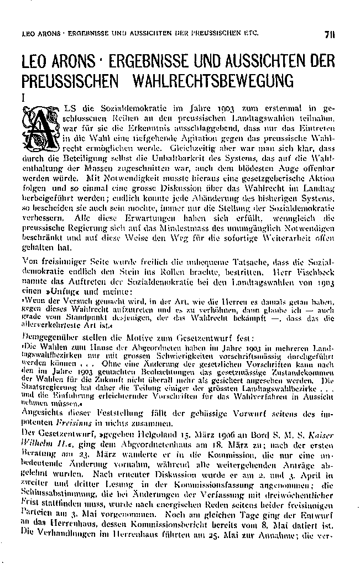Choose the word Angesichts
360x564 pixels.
(x=43, y=409)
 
